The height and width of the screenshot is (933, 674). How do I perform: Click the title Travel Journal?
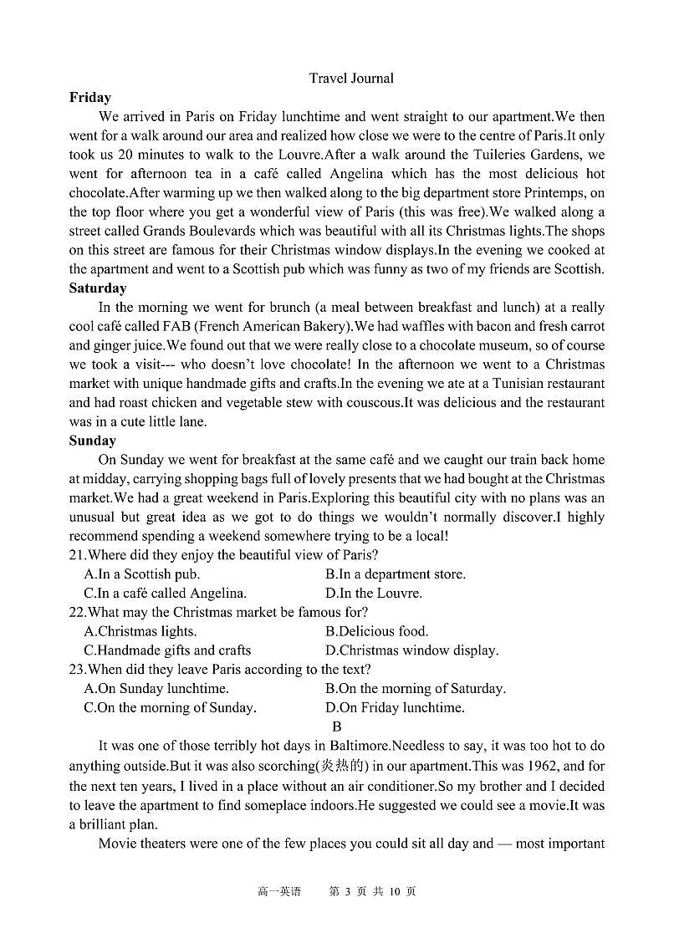[350, 79]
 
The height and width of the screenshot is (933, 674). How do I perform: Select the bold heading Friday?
[90, 98]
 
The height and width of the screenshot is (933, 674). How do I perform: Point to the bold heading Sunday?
[92, 441]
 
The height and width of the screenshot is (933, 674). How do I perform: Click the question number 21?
[77, 555]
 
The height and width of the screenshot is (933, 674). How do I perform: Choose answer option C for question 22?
[167, 650]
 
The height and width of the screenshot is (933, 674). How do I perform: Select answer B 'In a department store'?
[395, 574]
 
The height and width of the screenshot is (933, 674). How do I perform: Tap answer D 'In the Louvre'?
[373, 594]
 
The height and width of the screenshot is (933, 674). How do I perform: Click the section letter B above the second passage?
[337, 727]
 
